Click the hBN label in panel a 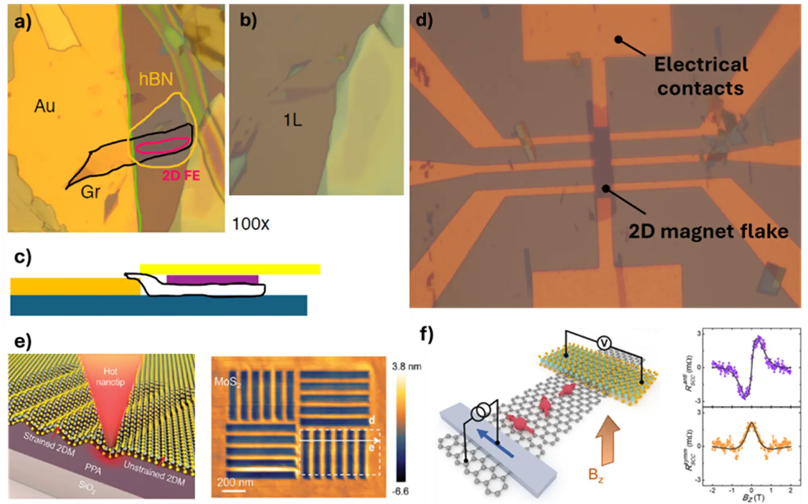tap(156, 79)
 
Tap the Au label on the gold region tap(44, 106)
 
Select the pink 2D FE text tap(181, 175)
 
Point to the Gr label tap(90, 192)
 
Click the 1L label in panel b tap(292, 120)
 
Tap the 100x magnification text tap(250, 224)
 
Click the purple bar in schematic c tap(212, 279)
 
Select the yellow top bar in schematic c tap(230, 269)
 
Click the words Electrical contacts tap(701, 76)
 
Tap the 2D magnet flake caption tap(708, 232)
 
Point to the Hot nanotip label tap(110, 376)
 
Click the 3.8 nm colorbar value tap(406, 367)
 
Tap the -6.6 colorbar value tap(400, 491)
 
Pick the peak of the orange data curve tap(751, 424)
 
